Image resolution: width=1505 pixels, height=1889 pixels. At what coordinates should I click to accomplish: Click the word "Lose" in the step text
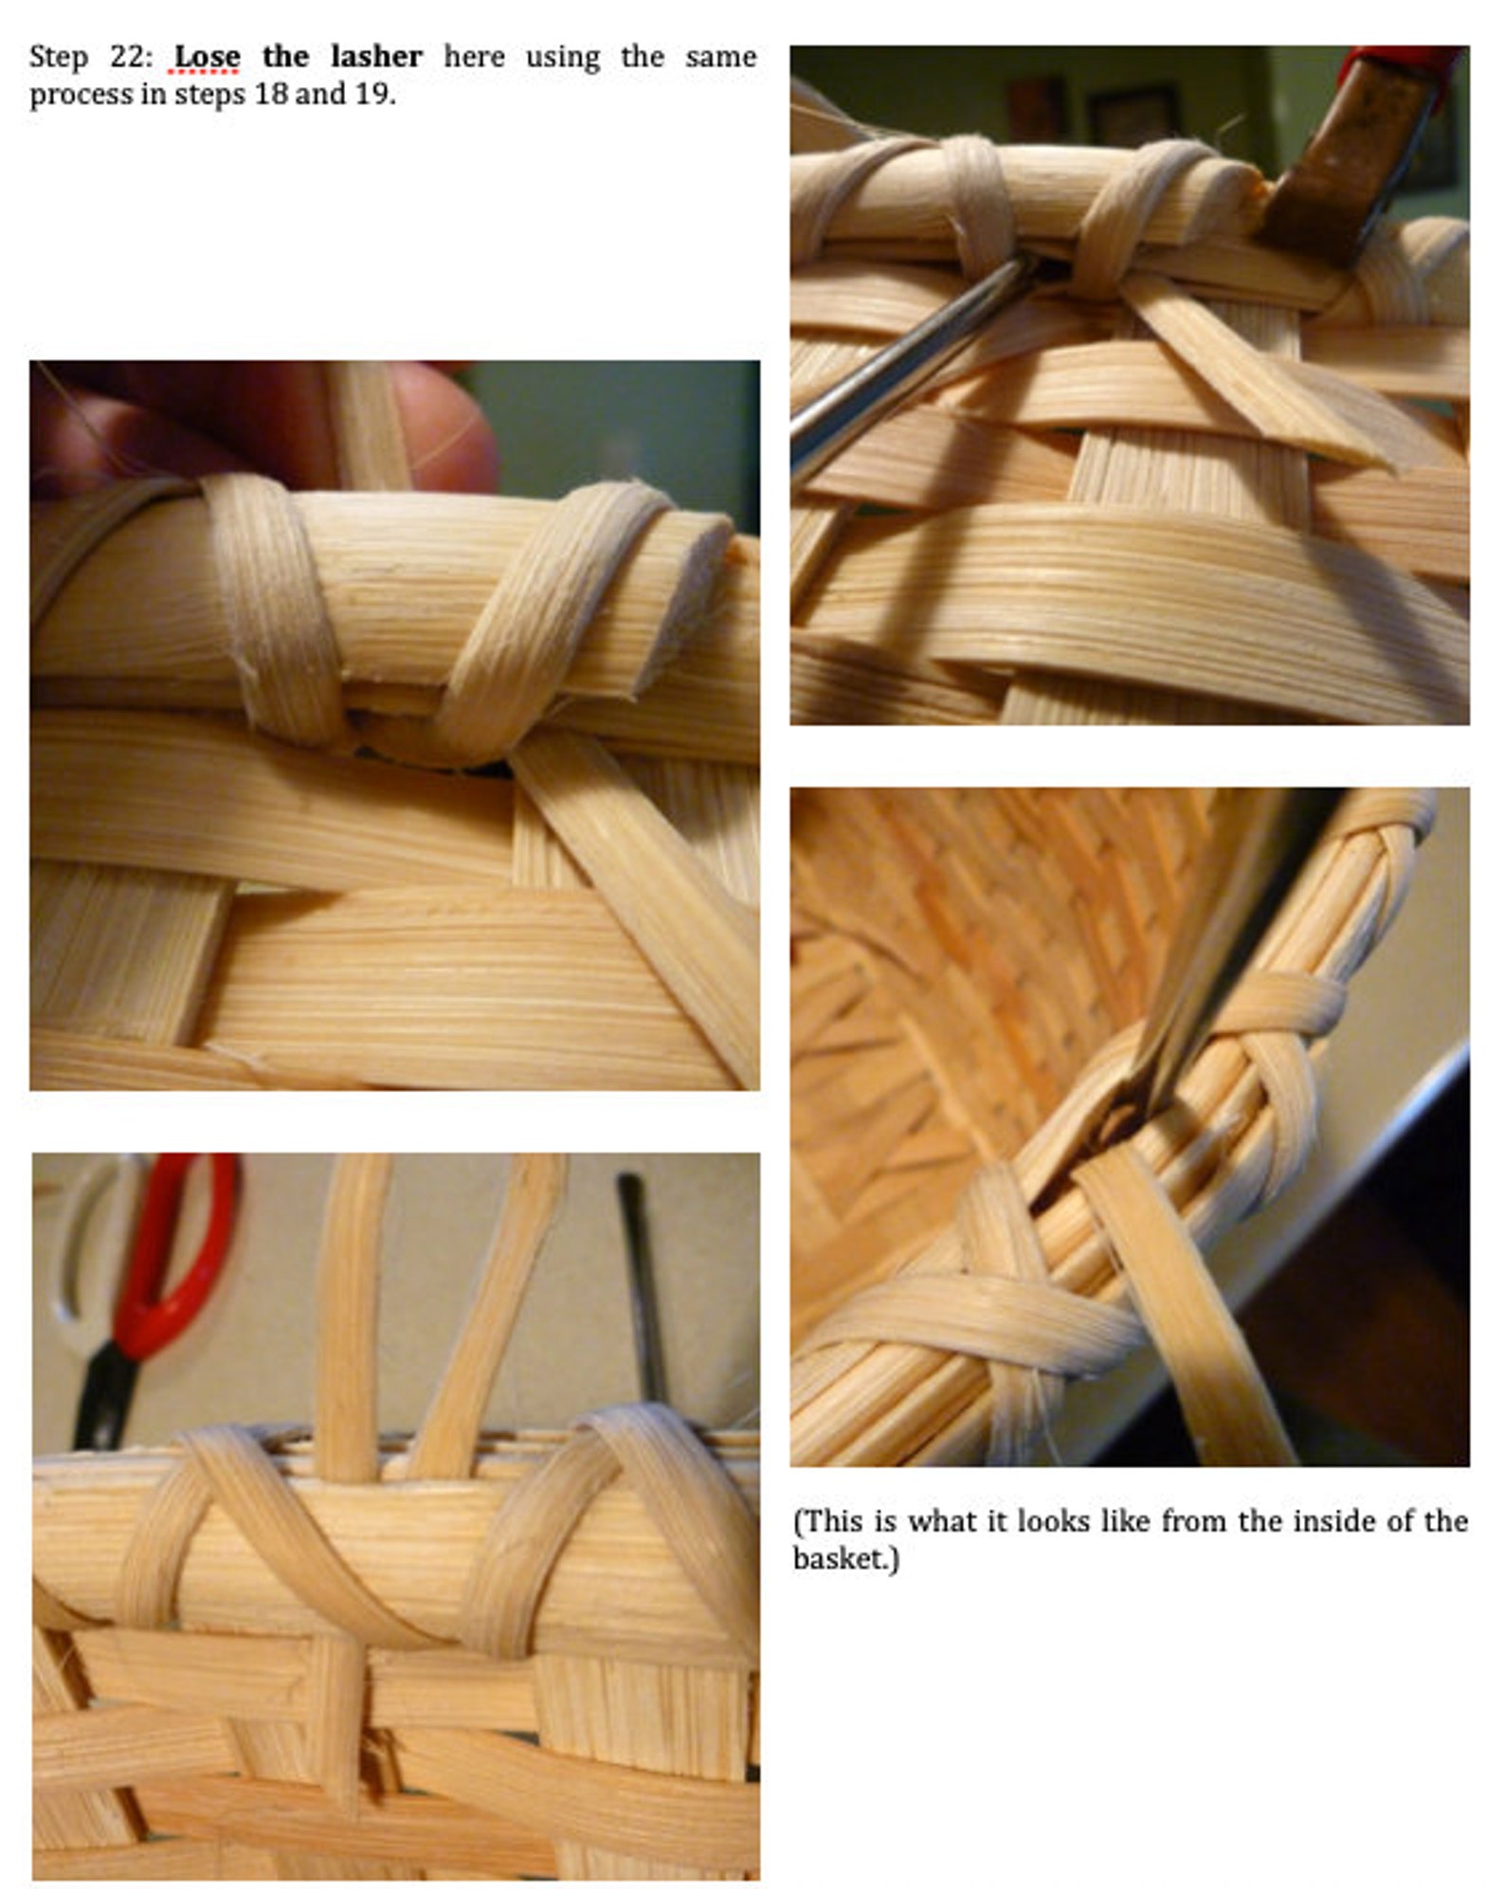coord(207,57)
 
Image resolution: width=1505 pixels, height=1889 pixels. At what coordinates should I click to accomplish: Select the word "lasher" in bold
coord(376,57)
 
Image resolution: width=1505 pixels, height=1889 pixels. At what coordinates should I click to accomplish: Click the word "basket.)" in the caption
coord(845,1559)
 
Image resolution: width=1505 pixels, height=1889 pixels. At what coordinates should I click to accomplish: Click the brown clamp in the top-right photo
coord(1346,161)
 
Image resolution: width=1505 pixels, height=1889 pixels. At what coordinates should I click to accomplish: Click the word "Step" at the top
coord(59,57)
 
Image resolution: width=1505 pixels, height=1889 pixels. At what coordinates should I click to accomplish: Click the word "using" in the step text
coord(562,57)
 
